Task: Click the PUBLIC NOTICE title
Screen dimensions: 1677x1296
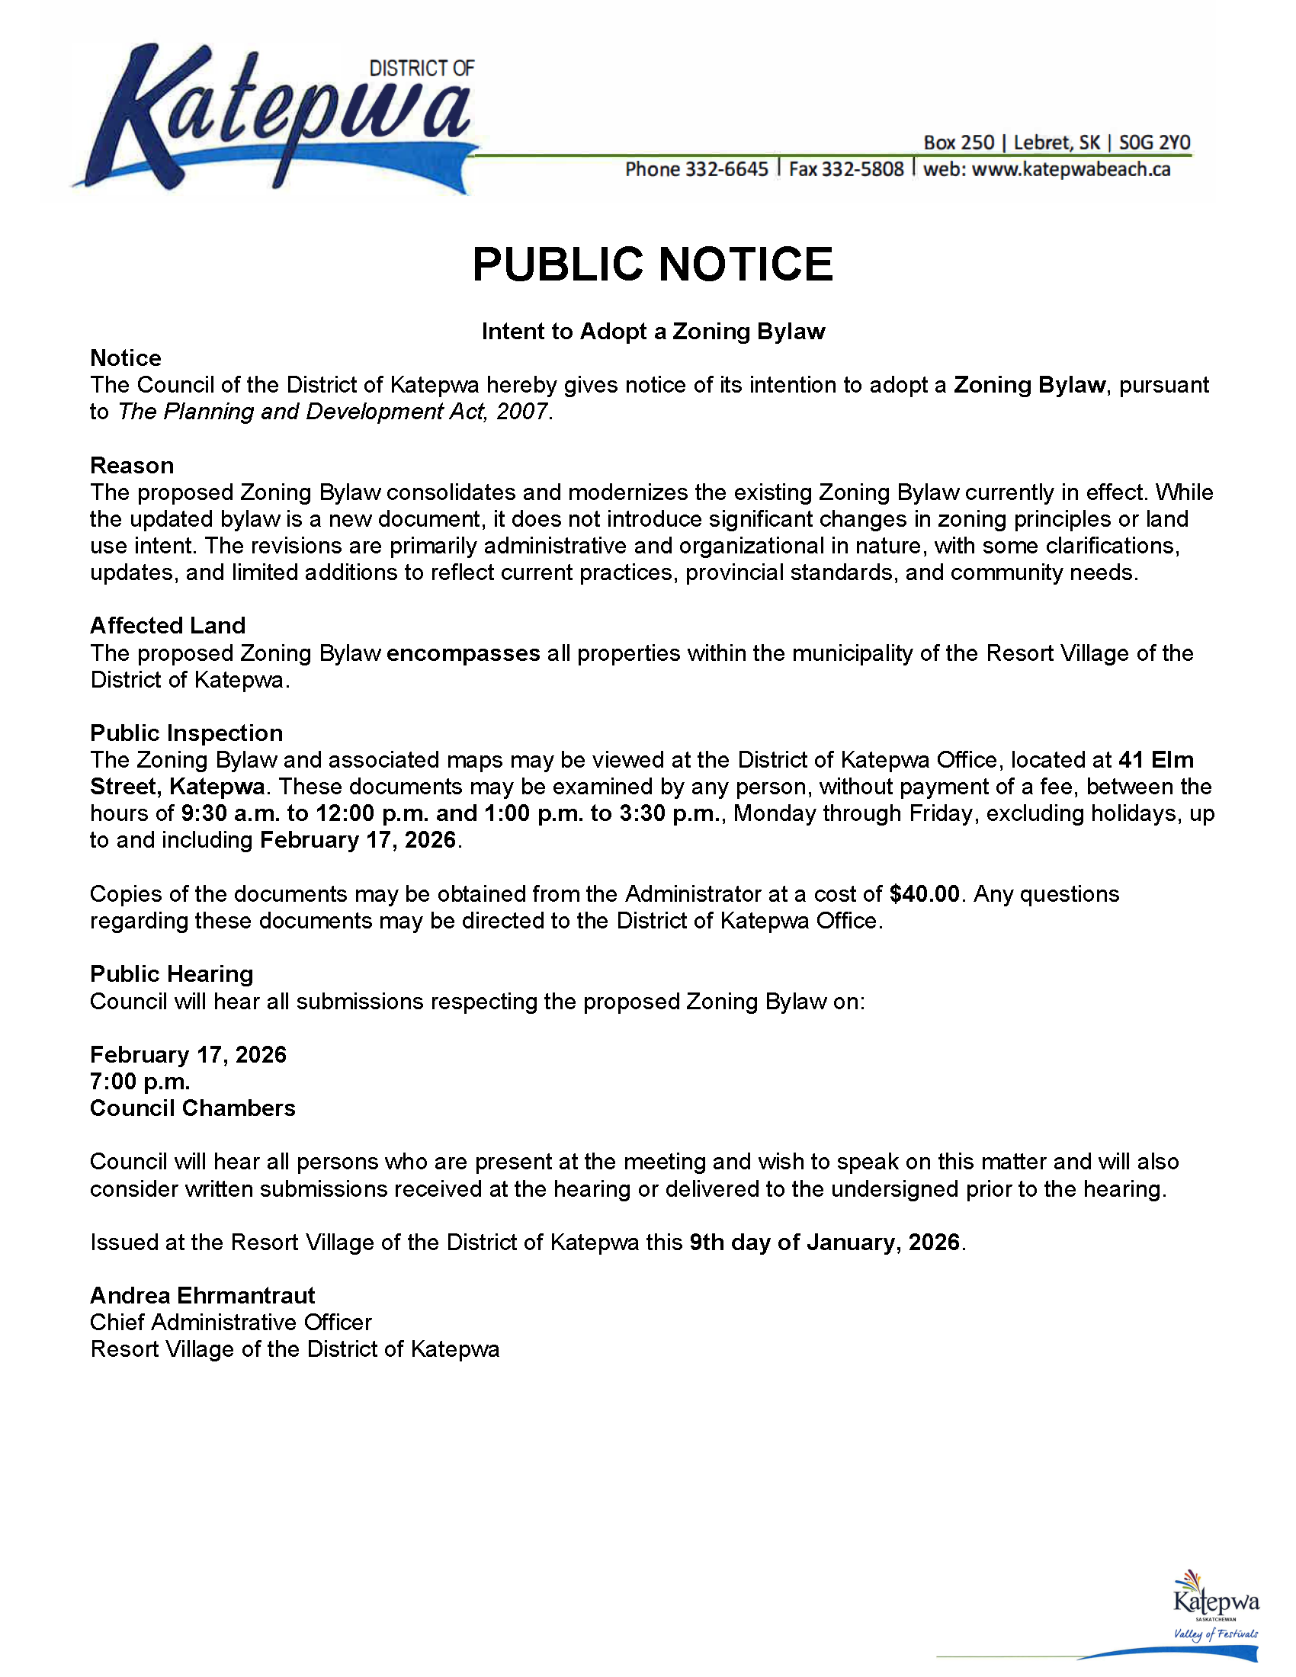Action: pyautogui.click(x=652, y=265)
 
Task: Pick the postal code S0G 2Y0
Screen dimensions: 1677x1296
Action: pyautogui.click(x=1154, y=143)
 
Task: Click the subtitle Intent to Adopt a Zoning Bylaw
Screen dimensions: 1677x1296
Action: pyautogui.click(x=653, y=331)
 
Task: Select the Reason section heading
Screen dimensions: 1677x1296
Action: pyautogui.click(x=132, y=465)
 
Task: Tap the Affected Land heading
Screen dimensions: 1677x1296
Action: pyautogui.click(x=168, y=625)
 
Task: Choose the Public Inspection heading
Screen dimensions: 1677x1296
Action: pyautogui.click(x=187, y=733)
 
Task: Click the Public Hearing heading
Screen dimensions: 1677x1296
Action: pyautogui.click(x=172, y=973)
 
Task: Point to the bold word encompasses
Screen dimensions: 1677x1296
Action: pyautogui.click(x=463, y=653)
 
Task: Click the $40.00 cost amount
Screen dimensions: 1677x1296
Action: pyautogui.click(x=925, y=894)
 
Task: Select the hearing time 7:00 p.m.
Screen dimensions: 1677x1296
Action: pyautogui.click(x=140, y=1081)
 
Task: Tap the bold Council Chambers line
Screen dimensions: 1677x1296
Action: pyautogui.click(x=192, y=1108)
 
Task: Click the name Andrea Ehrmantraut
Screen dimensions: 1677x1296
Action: pyautogui.click(x=202, y=1295)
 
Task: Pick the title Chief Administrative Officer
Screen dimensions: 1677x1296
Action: pyautogui.click(x=230, y=1323)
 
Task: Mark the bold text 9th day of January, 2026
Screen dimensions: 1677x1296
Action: pyautogui.click(x=825, y=1243)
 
